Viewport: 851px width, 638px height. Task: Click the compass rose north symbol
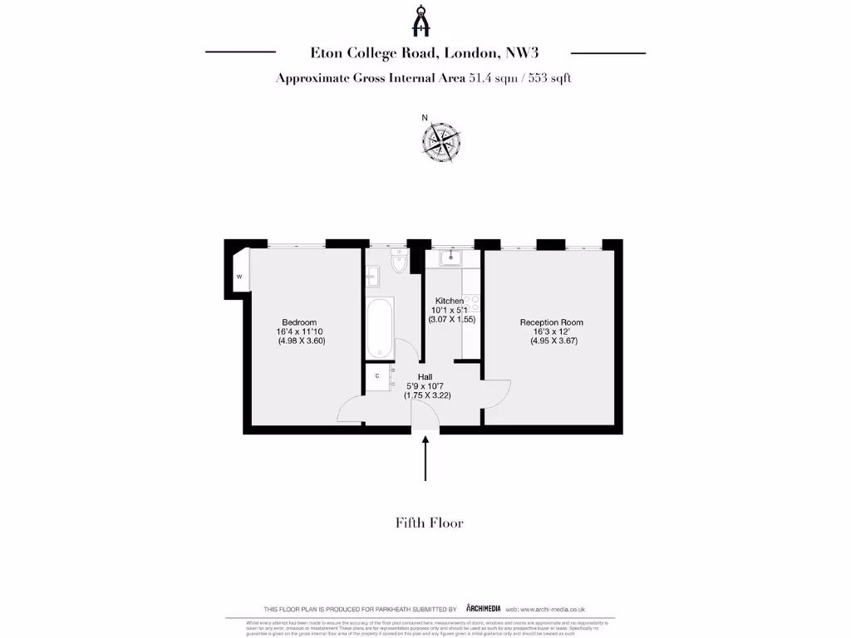click(440, 140)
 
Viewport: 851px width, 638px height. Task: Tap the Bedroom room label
click(299, 322)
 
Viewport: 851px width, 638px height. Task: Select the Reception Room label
click(552, 322)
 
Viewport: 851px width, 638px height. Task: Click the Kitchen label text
click(450, 301)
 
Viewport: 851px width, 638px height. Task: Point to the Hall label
click(425, 376)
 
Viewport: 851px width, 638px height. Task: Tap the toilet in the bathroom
click(399, 265)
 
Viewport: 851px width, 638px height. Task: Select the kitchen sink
click(452, 258)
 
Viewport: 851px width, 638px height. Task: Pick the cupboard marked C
click(378, 376)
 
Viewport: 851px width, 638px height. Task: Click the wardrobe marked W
click(239, 276)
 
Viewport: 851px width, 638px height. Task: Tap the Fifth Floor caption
click(429, 523)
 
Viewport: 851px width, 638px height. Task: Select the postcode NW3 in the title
click(522, 52)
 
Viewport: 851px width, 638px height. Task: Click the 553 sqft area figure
click(548, 79)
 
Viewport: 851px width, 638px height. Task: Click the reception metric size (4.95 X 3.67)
click(553, 341)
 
